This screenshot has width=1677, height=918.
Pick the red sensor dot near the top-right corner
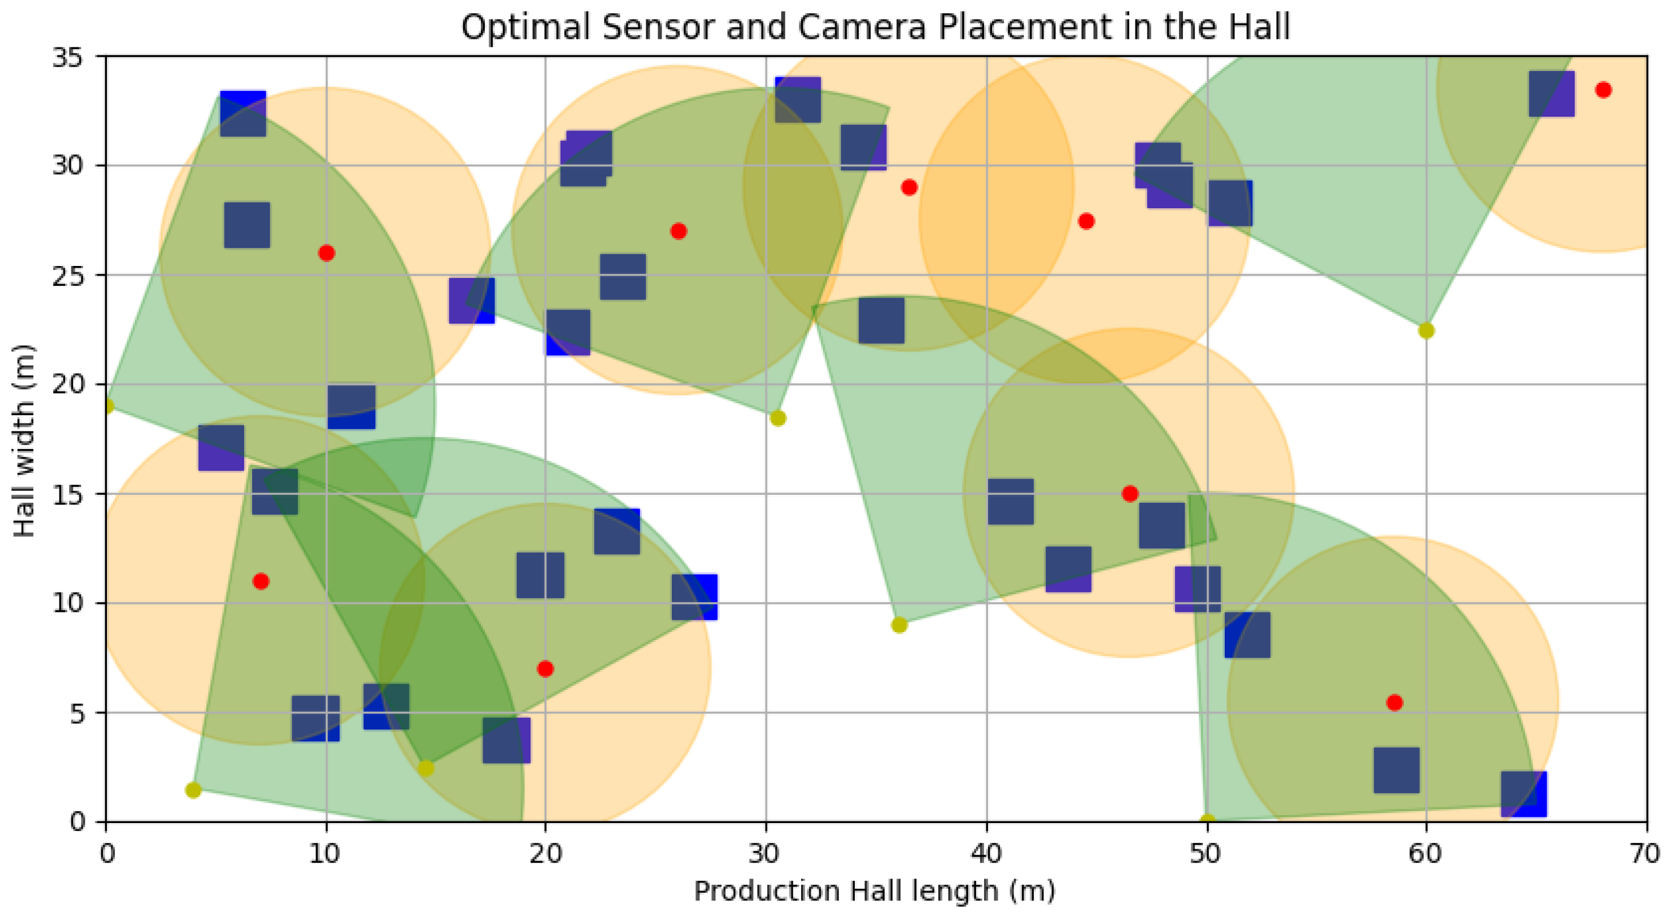click(1603, 90)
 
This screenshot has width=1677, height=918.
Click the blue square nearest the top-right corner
click(1551, 94)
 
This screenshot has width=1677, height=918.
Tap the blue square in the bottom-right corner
click(1523, 794)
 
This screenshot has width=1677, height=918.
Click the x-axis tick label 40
click(986, 853)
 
